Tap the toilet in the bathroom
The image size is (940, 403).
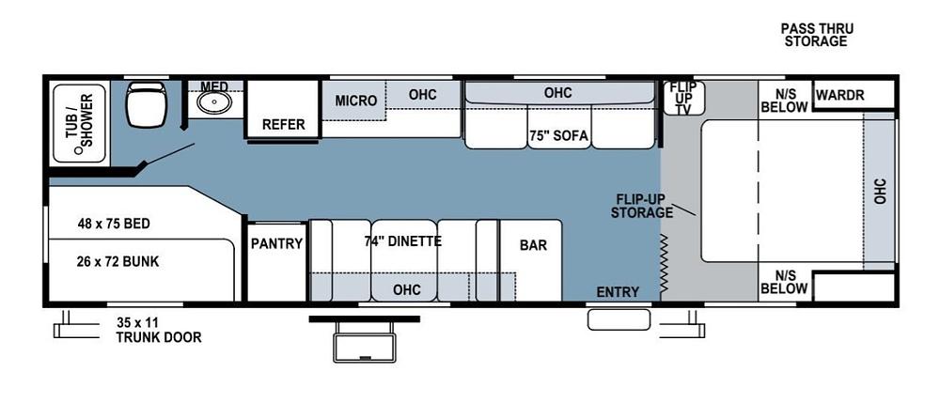point(146,104)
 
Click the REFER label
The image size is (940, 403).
point(283,124)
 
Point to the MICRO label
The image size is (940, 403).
point(355,101)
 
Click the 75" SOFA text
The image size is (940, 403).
point(558,135)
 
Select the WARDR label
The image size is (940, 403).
point(839,95)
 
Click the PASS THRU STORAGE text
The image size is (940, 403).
point(816,35)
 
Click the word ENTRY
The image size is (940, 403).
point(618,291)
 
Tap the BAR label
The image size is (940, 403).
point(533,245)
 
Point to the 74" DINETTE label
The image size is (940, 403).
point(402,240)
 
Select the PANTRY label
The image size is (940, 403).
point(276,243)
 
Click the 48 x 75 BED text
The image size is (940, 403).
point(114,224)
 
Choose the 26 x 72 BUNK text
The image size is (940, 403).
point(118,261)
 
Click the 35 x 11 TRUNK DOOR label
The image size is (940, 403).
point(158,331)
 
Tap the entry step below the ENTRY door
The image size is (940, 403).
point(618,319)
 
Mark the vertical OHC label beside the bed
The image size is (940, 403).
point(880,192)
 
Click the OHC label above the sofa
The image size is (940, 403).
point(557,93)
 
